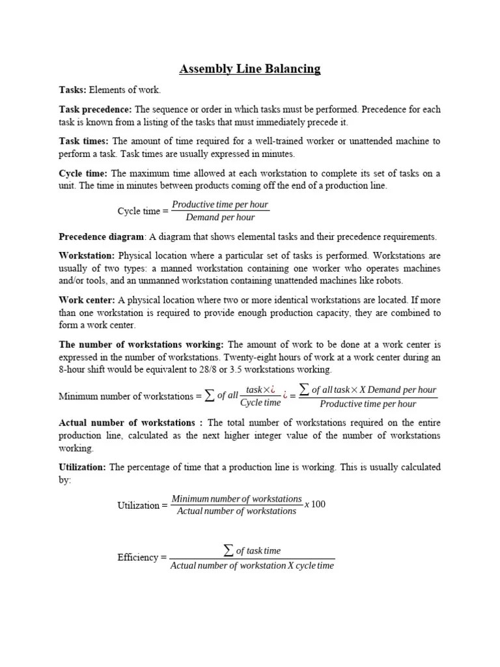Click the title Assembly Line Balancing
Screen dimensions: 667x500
pos(250,69)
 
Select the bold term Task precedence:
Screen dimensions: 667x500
pos(95,109)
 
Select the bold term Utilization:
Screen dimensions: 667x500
pos(83,467)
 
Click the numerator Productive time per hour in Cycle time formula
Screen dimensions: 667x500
pos(220,205)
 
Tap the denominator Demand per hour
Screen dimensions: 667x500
pos(220,218)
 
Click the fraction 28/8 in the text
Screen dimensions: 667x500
pos(238,369)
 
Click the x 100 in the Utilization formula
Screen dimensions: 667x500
pos(315,505)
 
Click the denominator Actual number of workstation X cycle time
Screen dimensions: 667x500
pos(252,566)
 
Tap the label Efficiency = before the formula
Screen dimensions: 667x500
pos(142,558)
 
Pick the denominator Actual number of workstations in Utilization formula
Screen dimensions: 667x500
pos(237,511)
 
